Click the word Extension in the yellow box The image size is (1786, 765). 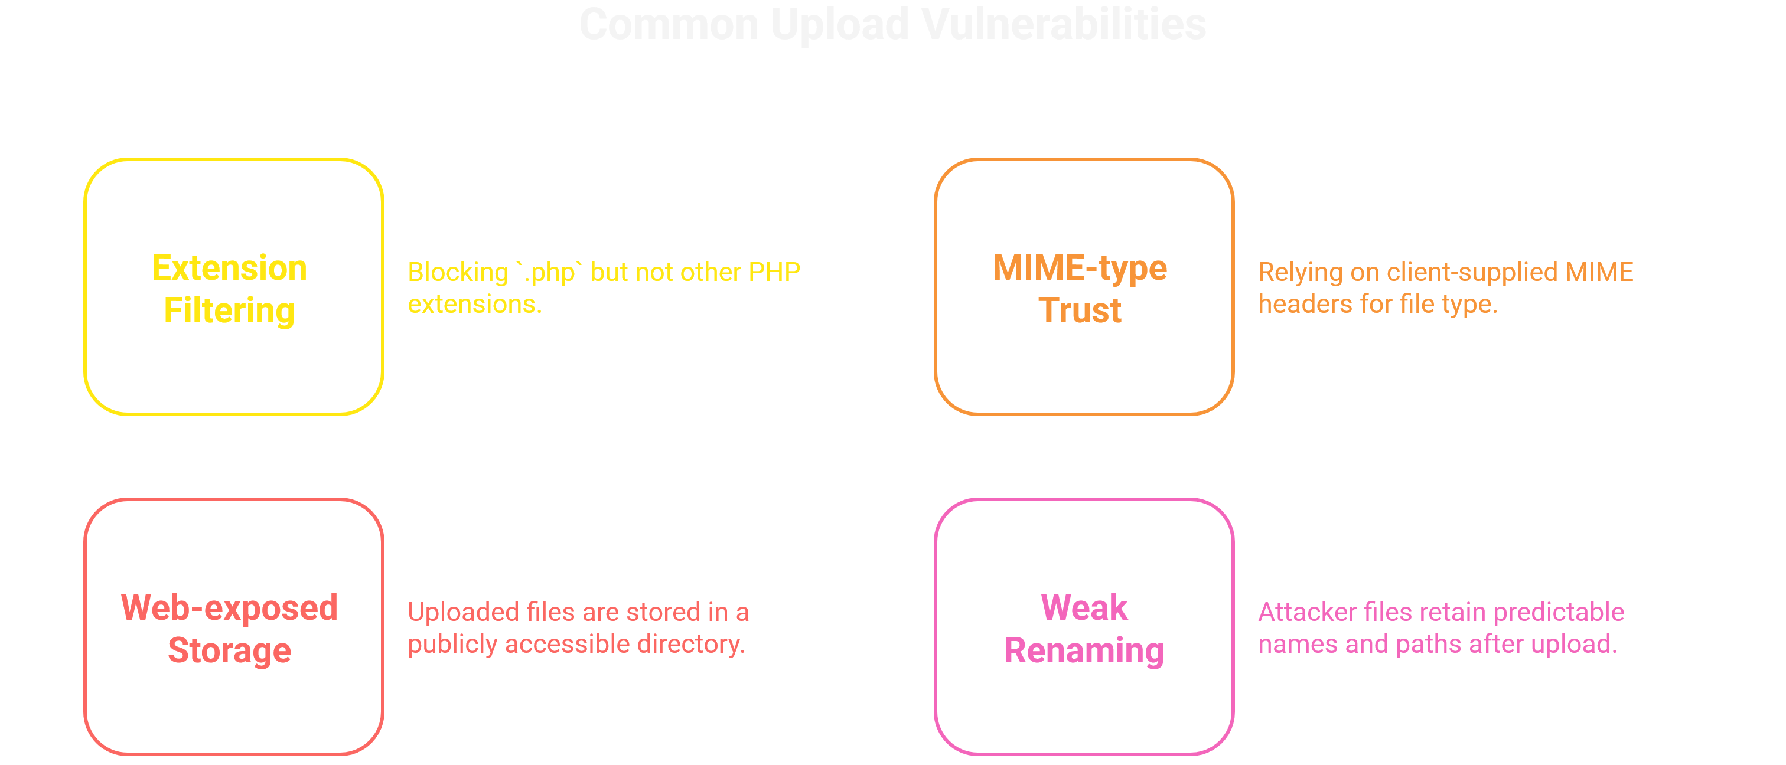pyautogui.click(x=230, y=268)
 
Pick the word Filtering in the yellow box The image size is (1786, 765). pyautogui.click(x=230, y=310)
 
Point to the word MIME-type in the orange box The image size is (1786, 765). pyautogui.click(x=1080, y=268)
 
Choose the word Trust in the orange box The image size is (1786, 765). pyautogui.click(x=1080, y=310)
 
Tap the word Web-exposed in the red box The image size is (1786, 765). pyautogui.click(x=230, y=609)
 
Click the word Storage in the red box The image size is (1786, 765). pyautogui.click(x=230, y=650)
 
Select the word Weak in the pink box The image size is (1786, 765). pyautogui.click(x=1084, y=609)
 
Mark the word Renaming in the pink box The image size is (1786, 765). pyautogui.click(x=1084, y=650)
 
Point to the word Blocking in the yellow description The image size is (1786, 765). pyautogui.click(x=458, y=272)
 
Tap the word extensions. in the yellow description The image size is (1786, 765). pyautogui.click(x=474, y=304)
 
